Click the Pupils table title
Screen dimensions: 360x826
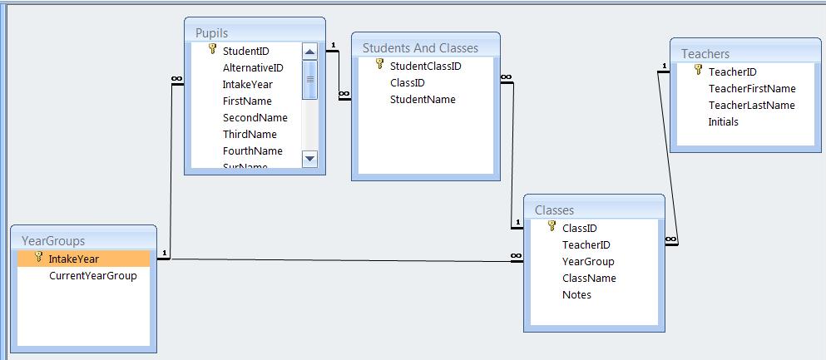[x=211, y=32]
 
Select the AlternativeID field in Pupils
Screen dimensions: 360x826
[x=253, y=67]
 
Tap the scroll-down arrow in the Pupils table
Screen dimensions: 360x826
[x=309, y=158]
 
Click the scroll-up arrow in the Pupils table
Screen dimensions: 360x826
[x=309, y=52]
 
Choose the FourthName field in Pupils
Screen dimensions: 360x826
[x=253, y=150]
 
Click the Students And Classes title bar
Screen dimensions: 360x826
[x=420, y=47]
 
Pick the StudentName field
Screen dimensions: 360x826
[x=423, y=99]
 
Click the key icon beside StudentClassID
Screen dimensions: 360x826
[x=380, y=64]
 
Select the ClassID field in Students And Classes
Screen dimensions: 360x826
[x=408, y=82]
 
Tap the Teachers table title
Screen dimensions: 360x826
[x=705, y=54]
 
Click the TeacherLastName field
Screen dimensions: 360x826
[x=751, y=105]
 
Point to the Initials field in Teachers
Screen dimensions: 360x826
[x=723, y=121]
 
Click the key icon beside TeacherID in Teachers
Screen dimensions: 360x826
[x=698, y=71]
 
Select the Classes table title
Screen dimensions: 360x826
[x=554, y=210]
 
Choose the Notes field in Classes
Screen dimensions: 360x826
[x=576, y=294]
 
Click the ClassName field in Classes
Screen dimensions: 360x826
[x=589, y=278]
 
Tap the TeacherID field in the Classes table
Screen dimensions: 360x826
[x=586, y=244]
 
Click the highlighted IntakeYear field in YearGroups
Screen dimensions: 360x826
[x=73, y=259]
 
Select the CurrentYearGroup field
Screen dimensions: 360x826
[x=92, y=275]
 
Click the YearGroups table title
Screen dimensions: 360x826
[x=53, y=241]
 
